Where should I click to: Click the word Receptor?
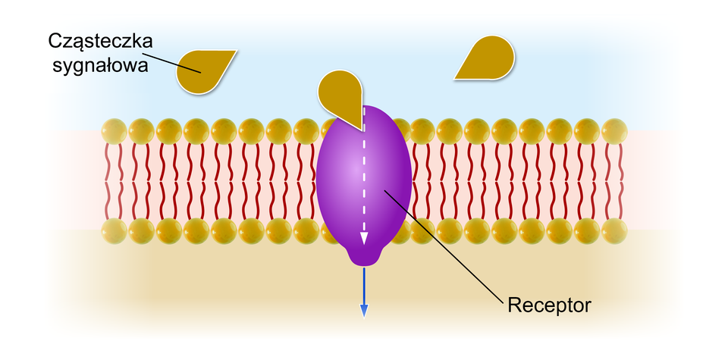pyautogui.click(x=548, y=306)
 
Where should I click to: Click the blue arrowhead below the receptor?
pyautogui.click(x=364, y=309)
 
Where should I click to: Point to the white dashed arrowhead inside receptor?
pyautogui.click(x=364, y=237)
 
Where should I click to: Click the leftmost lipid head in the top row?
pyautogui.click(x=115, y=131)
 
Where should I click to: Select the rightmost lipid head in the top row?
pyautogui.click(x=614, y=131)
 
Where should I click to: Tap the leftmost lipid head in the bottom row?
pyautogui.click(x=115, y=230)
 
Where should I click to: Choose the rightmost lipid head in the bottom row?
pyautogui.click(x=614, y=230)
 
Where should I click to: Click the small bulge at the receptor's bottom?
pyautogui.click(x=364, y=256)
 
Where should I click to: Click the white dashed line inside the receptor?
pyautogui.click(x=364, y=174)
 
